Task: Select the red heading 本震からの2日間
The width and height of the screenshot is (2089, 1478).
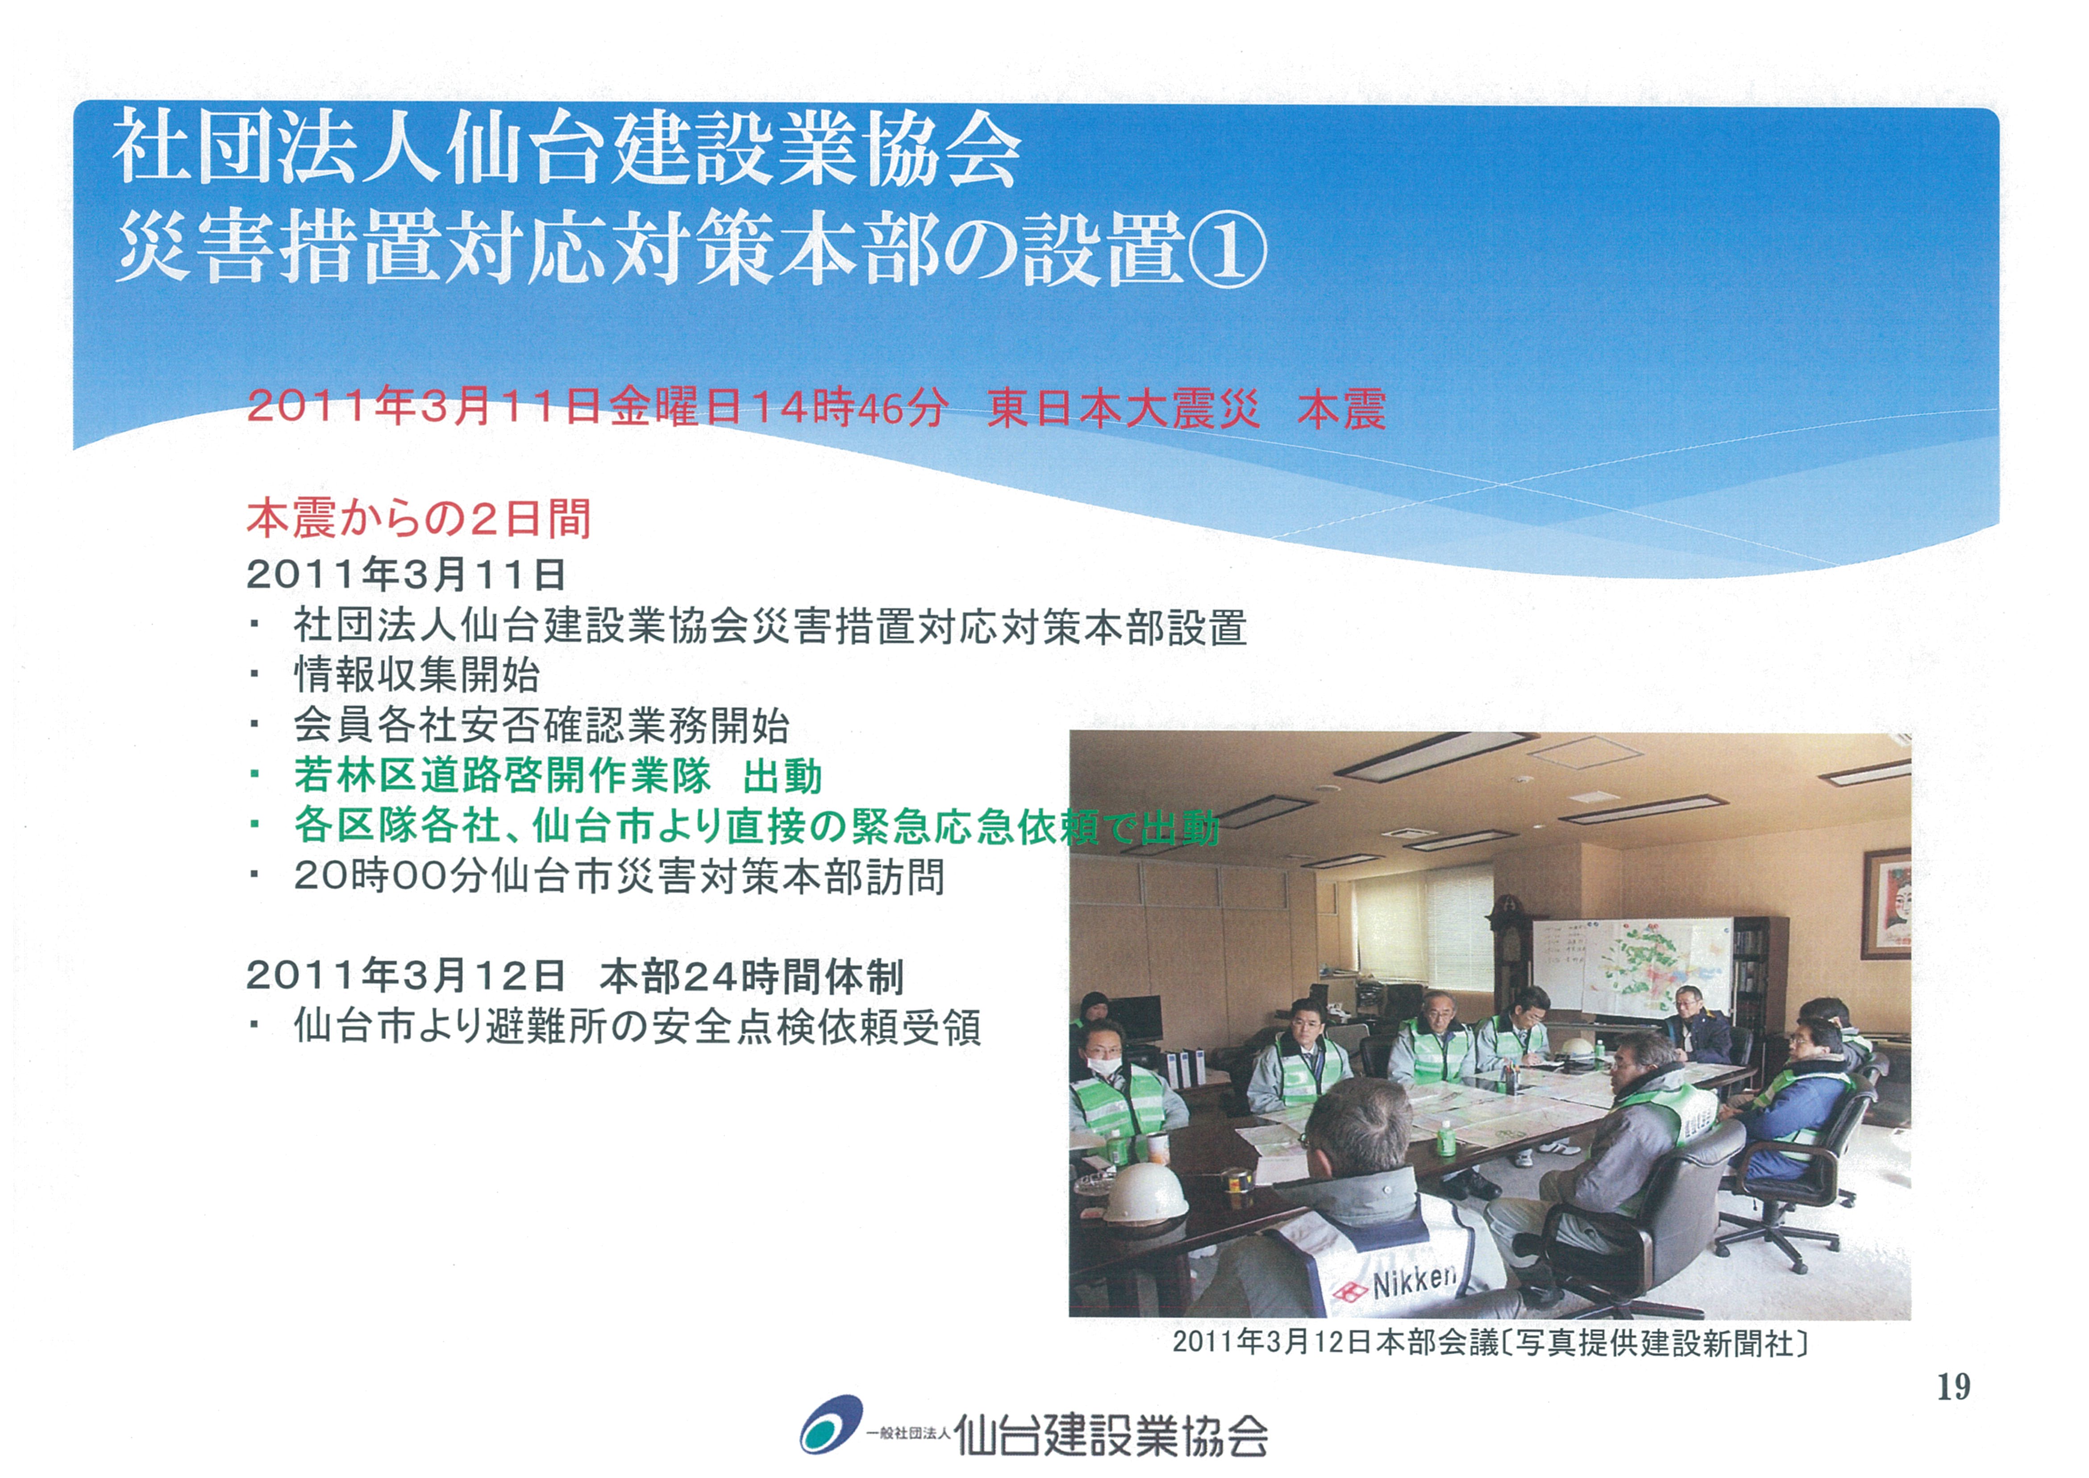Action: pos(420,518)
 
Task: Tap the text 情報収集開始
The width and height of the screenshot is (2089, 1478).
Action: pos(417,674)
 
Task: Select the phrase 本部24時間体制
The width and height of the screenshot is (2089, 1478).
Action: pos(752,977)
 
